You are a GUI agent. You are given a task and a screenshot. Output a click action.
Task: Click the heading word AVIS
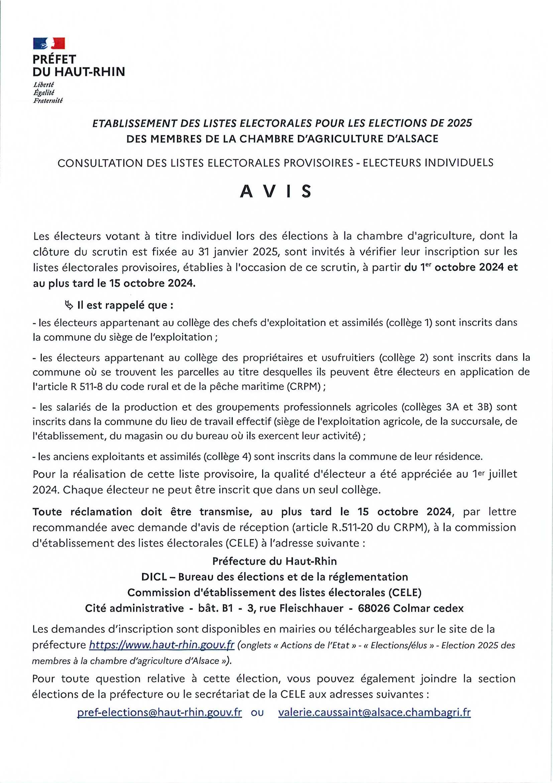coord(275,192)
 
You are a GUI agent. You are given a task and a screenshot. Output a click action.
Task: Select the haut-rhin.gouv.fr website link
coord(161,645)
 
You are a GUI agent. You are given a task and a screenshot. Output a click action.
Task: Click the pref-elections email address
coord(159,712)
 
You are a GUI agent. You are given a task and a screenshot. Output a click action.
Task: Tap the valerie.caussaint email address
coord(374,712)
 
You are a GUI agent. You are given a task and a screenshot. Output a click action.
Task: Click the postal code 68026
coord(374,608)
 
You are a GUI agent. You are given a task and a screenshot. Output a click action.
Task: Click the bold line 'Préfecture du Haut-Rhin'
coord(274,561)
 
